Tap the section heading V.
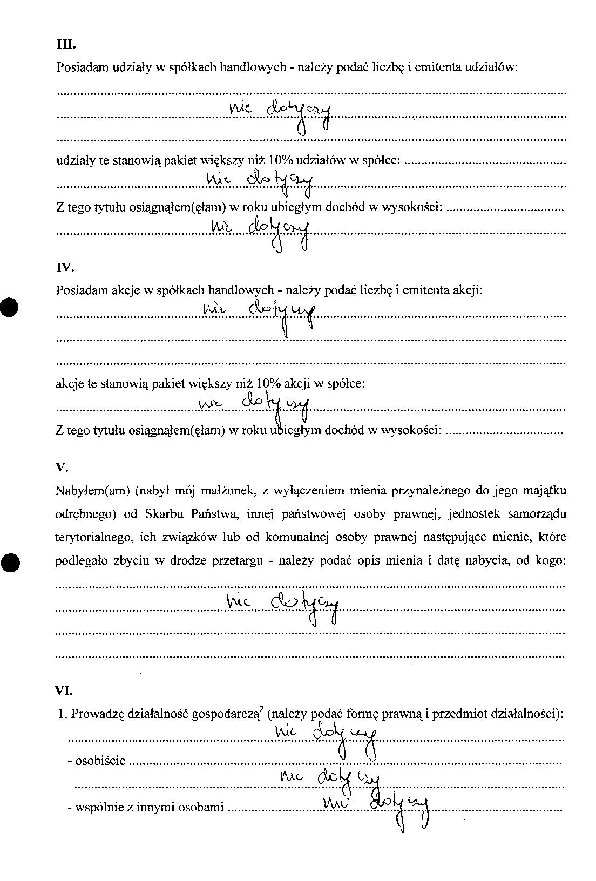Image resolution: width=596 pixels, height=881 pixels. pyautogui.click(x=61, y=467)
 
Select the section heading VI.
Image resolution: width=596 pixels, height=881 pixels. pyautogui.click(x=64, y=690)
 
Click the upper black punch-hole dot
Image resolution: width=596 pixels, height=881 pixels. pyautogui.click(x=9, y=308)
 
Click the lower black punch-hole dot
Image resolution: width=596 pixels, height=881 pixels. pyautogui.click(x=10, y=562)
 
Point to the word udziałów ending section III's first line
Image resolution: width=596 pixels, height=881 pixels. pyautogui.click(x=496, y=67)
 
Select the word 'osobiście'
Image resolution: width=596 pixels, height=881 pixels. pyautogui.click(x=100, y=761)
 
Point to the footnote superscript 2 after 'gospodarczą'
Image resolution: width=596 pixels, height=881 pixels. pyautogui.click(x=260, y=709)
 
